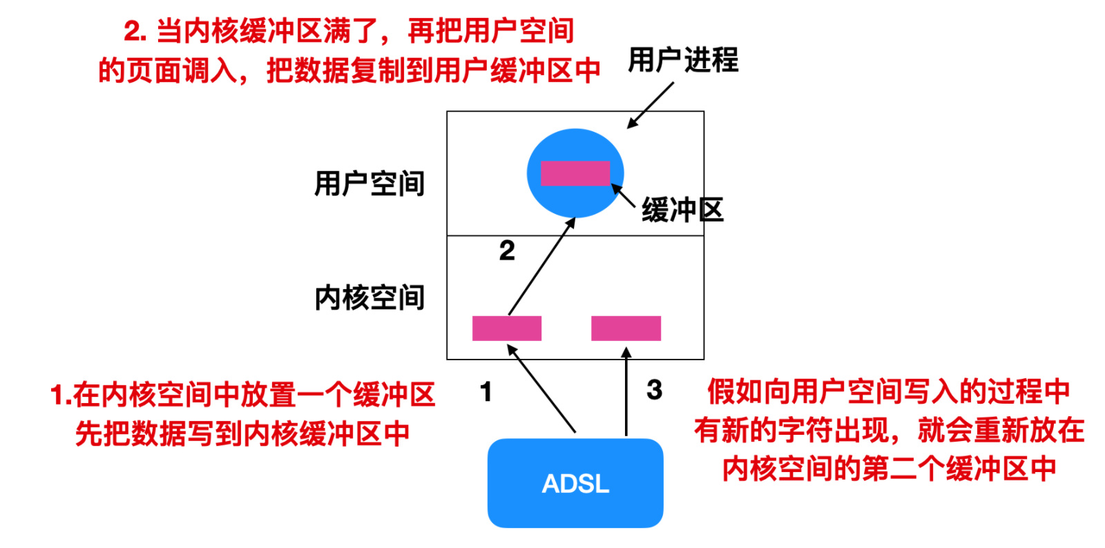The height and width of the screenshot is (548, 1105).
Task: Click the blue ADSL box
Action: pyautogui.click(x=575, y=483)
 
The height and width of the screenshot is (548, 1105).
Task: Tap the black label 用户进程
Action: pyautogui.click(x=683, y=60)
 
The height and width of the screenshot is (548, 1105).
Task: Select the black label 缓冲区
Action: pyautogui.click(x=683, y=210)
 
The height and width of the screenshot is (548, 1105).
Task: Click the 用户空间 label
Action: pyautogui.click(x=369, y=184)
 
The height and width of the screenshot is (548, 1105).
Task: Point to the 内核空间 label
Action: pyautogui.click(x=369, y=297)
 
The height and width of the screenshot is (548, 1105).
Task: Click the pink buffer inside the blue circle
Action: pyautogui.click(x=575, y=173)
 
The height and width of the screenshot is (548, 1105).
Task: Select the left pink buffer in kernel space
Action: pyautogui.click(x=507, y=329)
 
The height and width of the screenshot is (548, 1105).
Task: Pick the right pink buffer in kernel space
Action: pyautogui.click(x=626, y=329)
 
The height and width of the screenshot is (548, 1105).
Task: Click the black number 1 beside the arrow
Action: pyautogui.click(x=486, y=392)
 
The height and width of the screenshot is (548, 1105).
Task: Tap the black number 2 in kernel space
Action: pyautogui.click(x=507, y=251)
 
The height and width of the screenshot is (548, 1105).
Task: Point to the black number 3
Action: pyautogui.click(x=655, y=390)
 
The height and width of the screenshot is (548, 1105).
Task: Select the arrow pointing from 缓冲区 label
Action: pyautogui.click(x=623, y=195)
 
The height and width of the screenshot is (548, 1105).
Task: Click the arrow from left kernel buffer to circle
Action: pyautogui.click(x=542, y=266)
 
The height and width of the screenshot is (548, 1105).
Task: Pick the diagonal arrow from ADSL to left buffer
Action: pyautogui.click(x=541, y=389)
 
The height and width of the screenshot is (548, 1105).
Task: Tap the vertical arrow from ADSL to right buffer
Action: pyautogui.click(x=626, y=391)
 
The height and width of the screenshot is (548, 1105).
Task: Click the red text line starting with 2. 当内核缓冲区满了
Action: pyautogui.click(x=349, y=31)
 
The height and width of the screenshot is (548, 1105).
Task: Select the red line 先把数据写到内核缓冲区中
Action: pyautogui.click(x=242, y=433)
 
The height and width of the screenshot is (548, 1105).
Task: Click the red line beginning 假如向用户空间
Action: pyautogui.click(x=889, y=392)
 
